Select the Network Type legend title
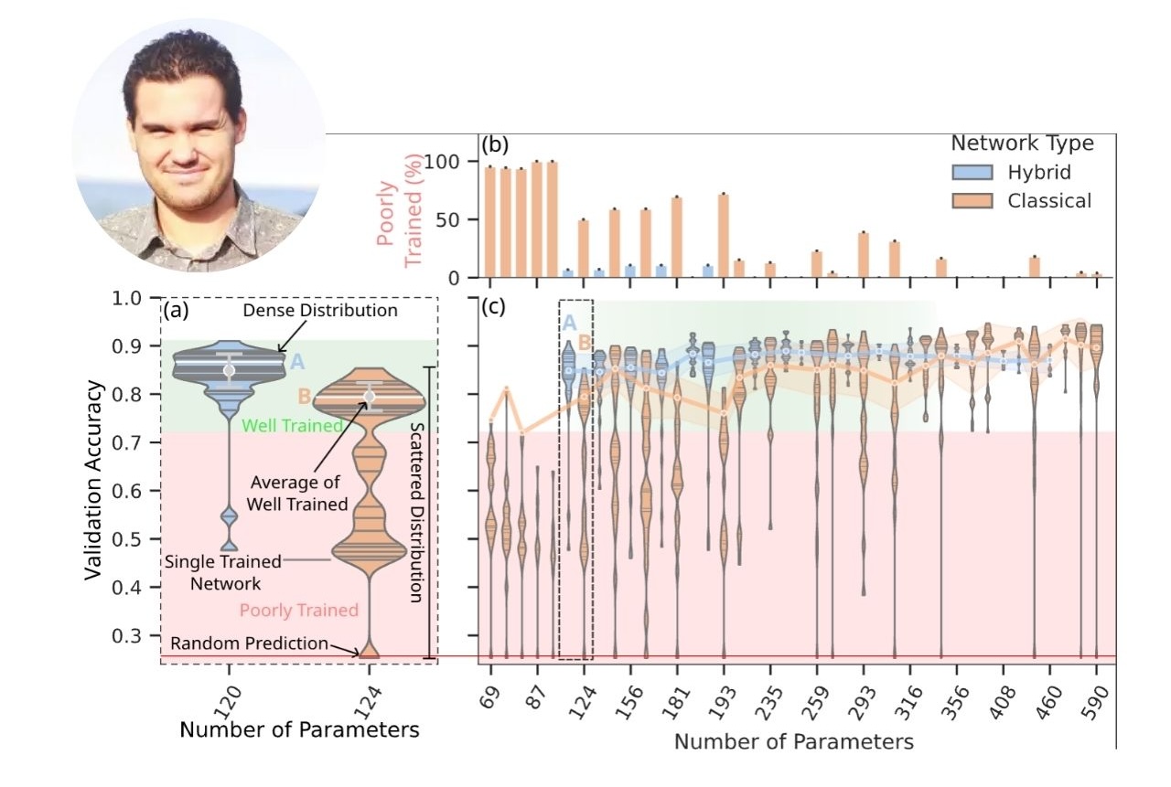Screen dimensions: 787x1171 [1022, 144]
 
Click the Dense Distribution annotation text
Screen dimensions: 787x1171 [320, 311]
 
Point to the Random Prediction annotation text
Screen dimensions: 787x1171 [249, 643]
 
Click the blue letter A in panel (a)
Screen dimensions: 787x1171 [296, 363]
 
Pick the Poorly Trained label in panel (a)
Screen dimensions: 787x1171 [298, 610]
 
